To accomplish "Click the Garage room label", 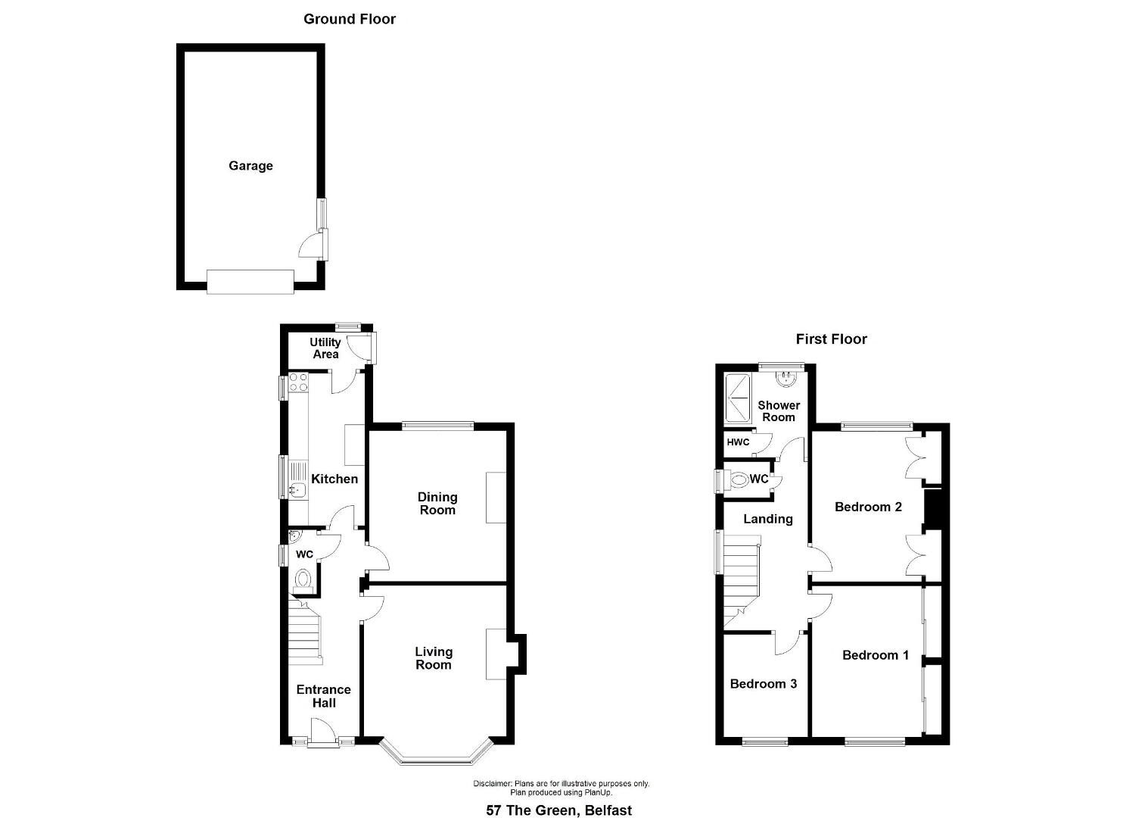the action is point(250,166).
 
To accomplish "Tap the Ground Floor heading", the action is point(350,19).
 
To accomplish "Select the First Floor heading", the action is point(831,339).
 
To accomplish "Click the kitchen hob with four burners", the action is point(298,382).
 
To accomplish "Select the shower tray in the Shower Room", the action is point(737,398).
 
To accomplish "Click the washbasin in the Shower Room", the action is point(786,379).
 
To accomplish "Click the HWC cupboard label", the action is point(738,442).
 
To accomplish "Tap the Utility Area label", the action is point(325,348).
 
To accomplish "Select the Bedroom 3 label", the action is point(763,684).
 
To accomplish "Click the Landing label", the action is point(767,520).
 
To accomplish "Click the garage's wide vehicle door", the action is point(250,282).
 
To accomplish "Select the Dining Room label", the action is point(437,504).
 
